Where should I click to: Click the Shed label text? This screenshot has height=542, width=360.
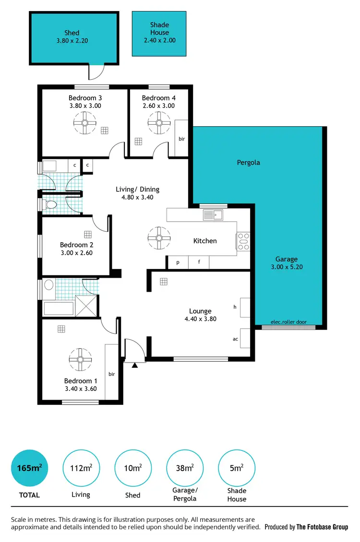(72, 33)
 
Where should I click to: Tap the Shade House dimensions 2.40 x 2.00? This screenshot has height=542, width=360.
(159, 40)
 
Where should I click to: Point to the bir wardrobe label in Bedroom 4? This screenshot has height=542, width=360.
(181, 139)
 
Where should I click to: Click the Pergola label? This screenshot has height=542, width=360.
(248, 163)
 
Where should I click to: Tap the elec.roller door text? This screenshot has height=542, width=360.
(288, 322)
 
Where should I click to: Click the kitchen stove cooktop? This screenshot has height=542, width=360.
(243, 241)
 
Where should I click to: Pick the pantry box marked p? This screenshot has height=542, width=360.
(178, 262)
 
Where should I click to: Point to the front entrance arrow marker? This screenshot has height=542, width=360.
(135, 365)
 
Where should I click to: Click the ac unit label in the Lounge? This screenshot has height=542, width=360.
(236, 339)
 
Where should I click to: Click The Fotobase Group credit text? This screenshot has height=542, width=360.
(322, 527)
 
